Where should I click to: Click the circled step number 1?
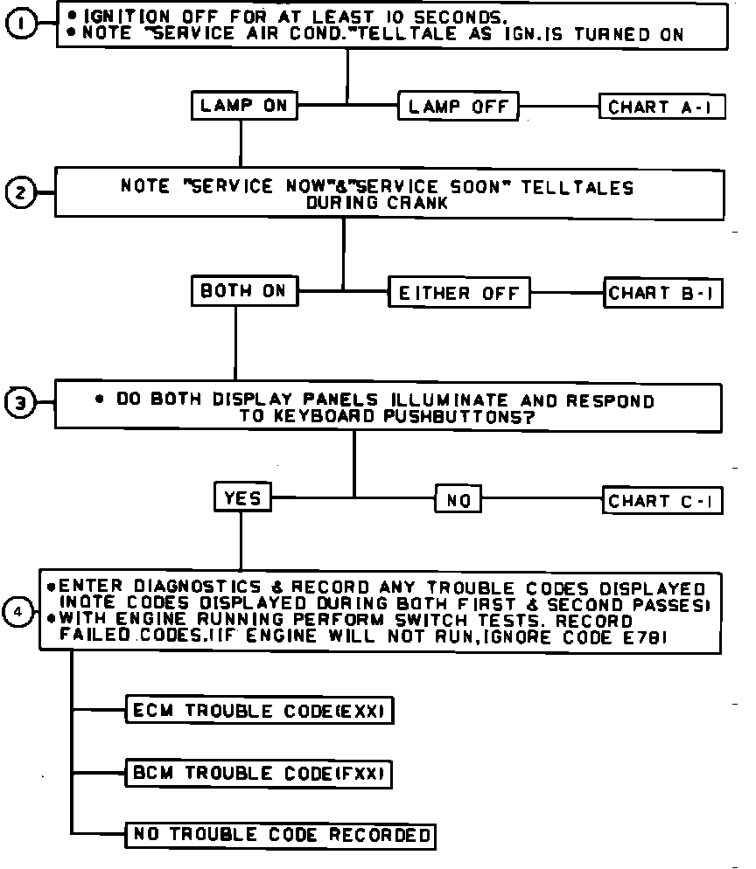click(x=23, y=24)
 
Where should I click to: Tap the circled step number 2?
click(x=21, y=192)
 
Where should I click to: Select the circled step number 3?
click(x=21, y=404)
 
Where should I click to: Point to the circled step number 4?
click(x=17, y=612)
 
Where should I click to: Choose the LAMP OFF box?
click(x=458, y=108)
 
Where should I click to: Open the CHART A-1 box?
click(x=662, y=108)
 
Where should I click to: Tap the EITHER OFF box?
click(x=459, y=294)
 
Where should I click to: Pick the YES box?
click(x=242, y=498)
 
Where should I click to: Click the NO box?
click(x=458, y=501)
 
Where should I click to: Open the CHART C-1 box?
click(x=664, y=501)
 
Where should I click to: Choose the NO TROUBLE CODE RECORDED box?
click(x=281, y=835)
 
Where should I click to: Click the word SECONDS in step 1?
click(x=455, y=16)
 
